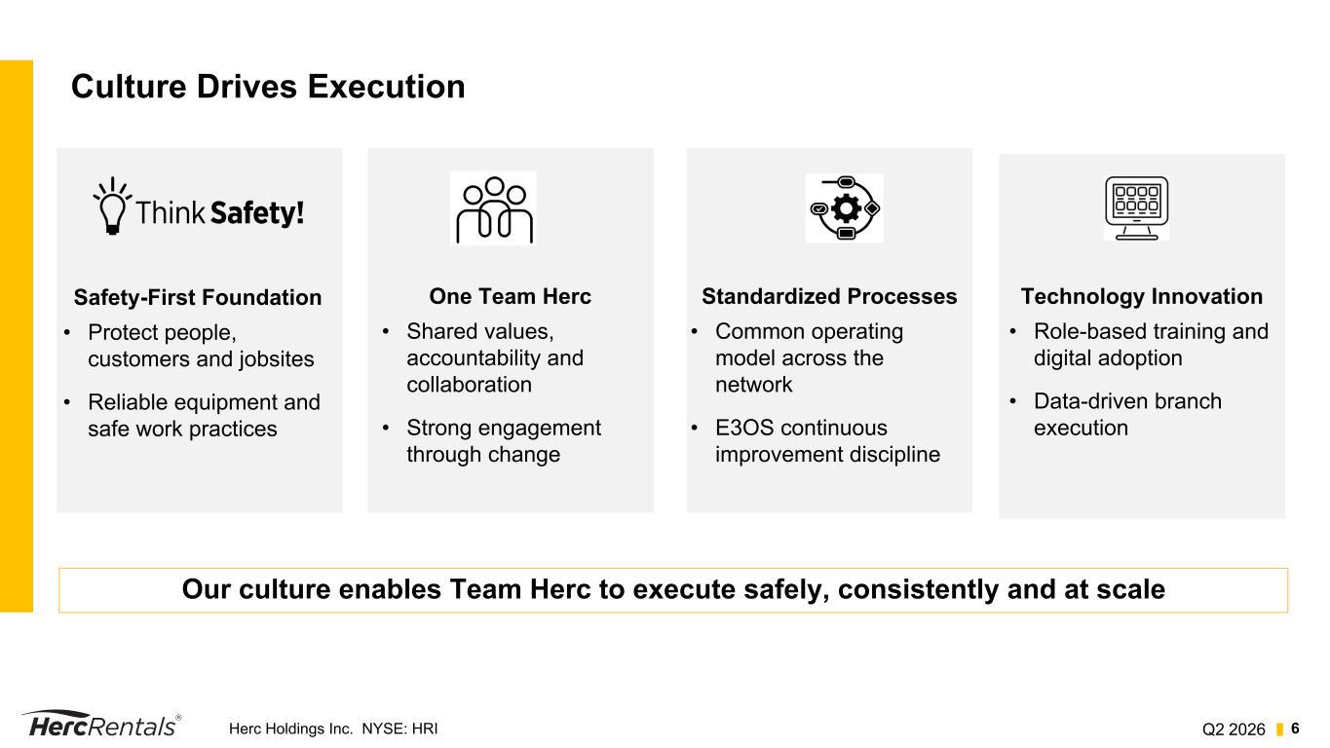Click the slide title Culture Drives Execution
click(x=268, y=87)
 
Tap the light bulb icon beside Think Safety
click(x=112, y=206)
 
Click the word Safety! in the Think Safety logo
click(x=257, y=213)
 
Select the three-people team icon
click(x=493, y=209)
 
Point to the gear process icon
click(x=845, y=208)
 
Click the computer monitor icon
click(x=1136, y=208)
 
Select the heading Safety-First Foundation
click(x=198, y=297)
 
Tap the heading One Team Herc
click(x=510, y=296)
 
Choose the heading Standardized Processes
click(x=829, y=296)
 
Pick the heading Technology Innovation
click(x=1142, y=296)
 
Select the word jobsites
click(x=277, y=359)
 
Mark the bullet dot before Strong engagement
click(x=386, y=428)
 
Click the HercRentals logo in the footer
click(x=101, y=724)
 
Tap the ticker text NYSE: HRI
click(x=399, y=729)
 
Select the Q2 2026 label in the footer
click(x=1234, y=729)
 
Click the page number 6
click(x=1295, y=729)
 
